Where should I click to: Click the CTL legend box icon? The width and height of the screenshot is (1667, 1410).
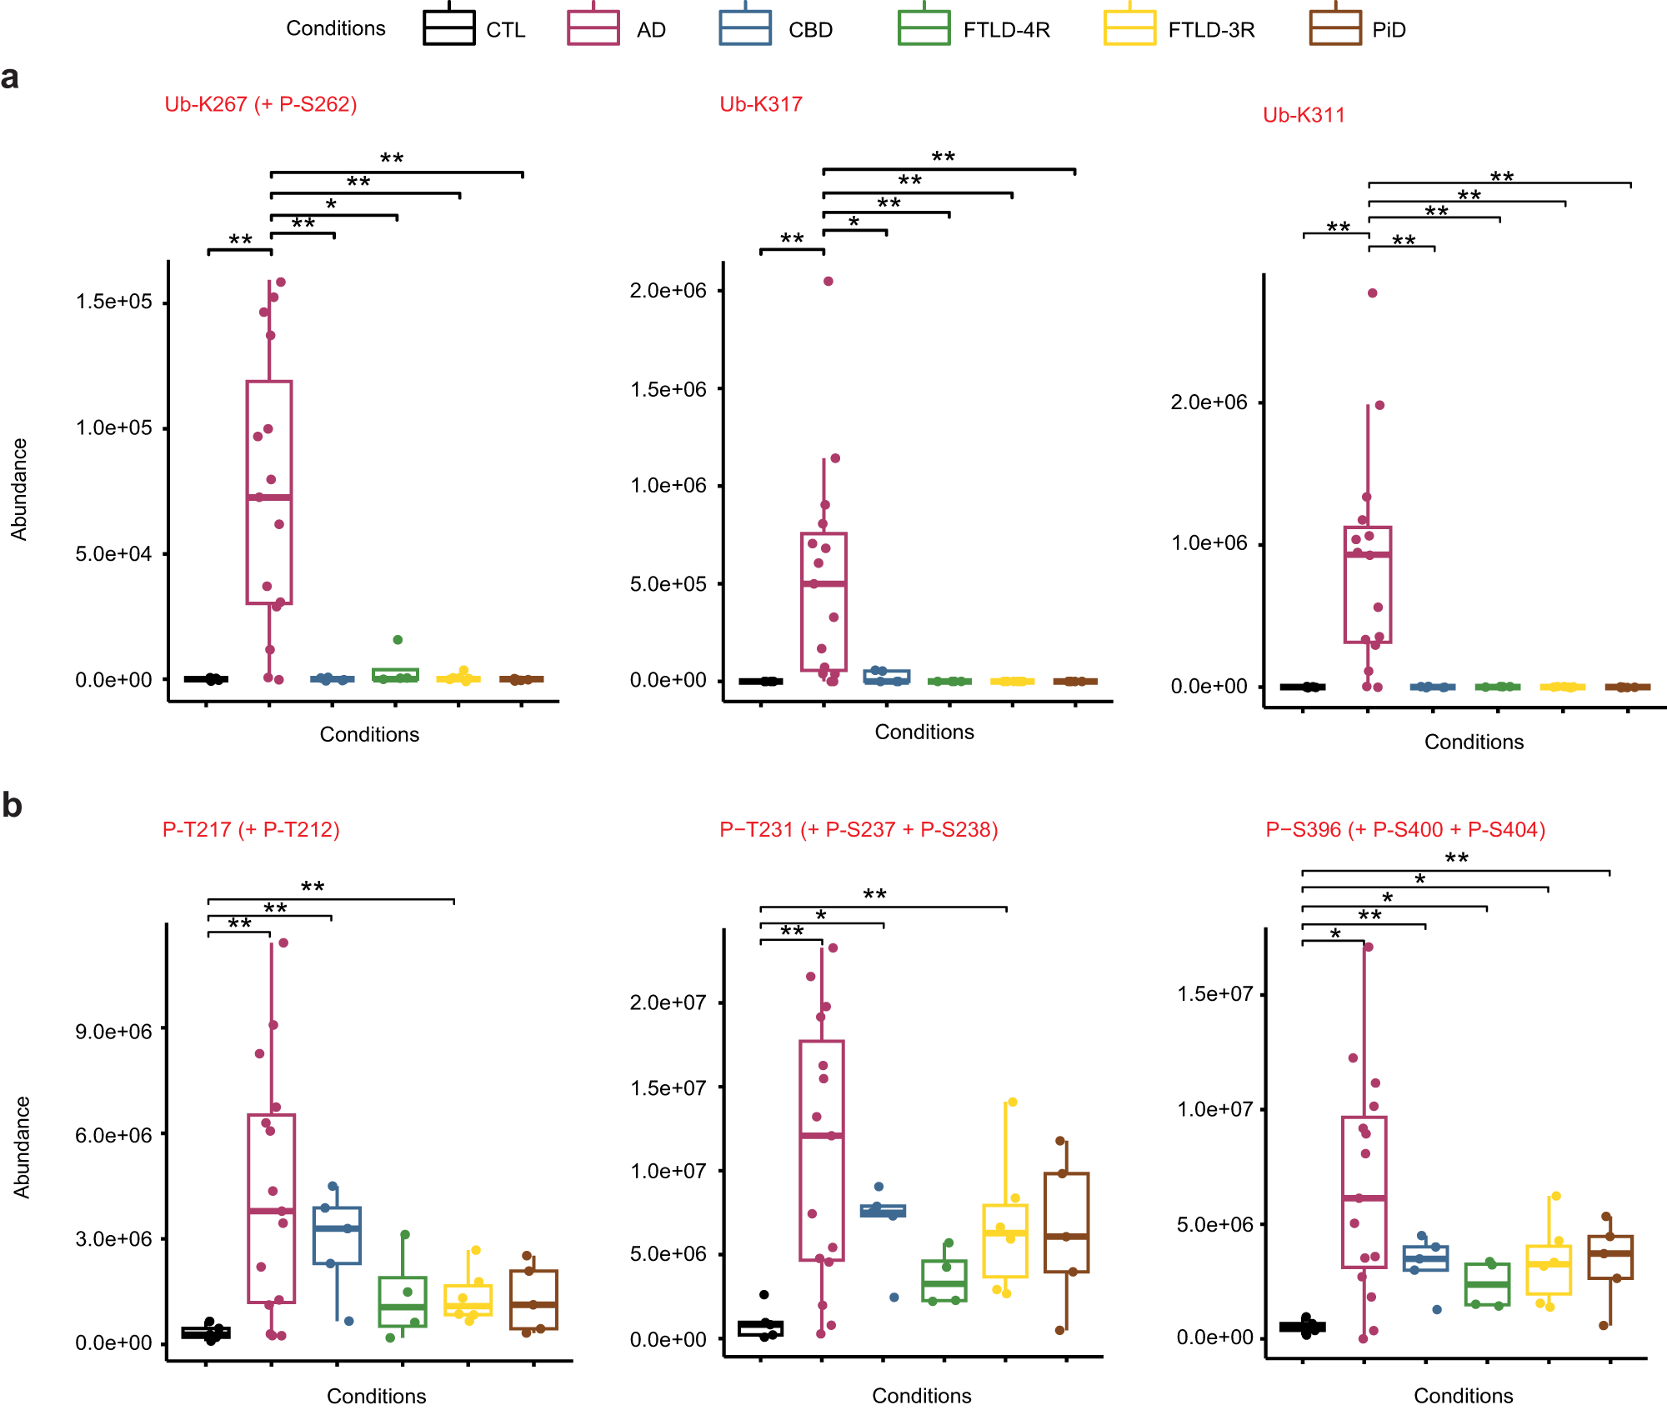pos(448,27)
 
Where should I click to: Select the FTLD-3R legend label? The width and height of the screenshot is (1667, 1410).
pos(1210,30)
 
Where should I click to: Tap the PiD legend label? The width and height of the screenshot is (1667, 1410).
pos(1389,30)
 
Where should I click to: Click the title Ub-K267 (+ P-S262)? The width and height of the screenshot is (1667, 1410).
pos(260,104)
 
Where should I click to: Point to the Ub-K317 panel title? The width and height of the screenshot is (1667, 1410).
pos(760,104)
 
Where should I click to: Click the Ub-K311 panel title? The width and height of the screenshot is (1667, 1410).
pos(1304,115)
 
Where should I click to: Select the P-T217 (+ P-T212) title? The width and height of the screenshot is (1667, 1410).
pos(251,829)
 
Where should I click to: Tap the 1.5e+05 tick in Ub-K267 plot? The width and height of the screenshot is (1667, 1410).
pos(114,302)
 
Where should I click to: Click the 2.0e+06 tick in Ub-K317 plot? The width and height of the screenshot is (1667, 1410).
pos(668,290)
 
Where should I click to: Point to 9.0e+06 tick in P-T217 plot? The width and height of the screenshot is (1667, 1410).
pos(114,1031)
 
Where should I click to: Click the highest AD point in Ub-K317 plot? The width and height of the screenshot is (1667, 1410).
pos(828,281)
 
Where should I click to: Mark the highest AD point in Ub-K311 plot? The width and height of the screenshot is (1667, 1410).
pos(1372,292)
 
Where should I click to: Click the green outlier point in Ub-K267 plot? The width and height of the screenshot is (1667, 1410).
pos(398,639)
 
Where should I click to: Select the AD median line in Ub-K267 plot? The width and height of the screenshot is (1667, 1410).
pos(268,497)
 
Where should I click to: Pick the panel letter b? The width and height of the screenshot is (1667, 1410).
pos(12,805)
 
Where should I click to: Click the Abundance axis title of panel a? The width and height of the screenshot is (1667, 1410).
pos(18,489)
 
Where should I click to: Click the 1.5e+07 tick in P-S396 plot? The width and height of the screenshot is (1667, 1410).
pos(1214,993)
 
